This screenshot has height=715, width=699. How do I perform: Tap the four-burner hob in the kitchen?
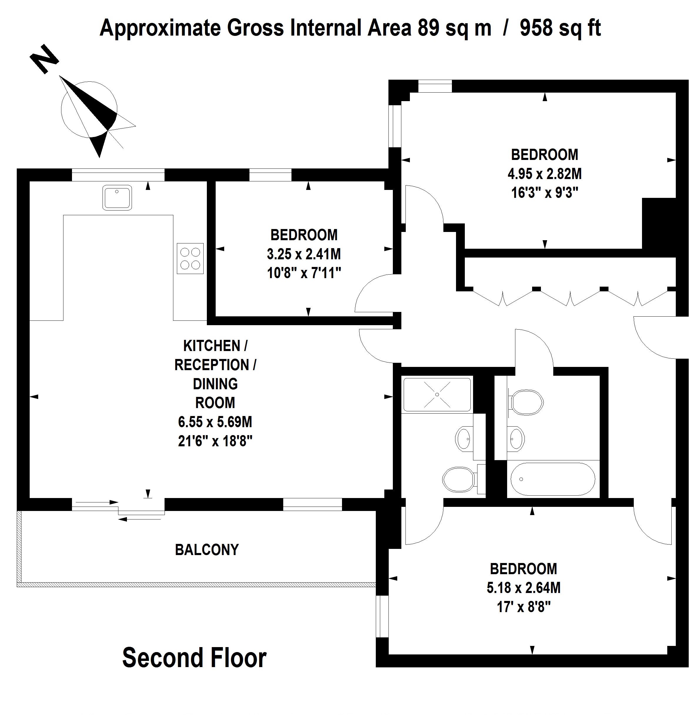[x=190, y=259]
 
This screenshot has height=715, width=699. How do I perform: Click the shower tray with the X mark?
[x=437, y=395]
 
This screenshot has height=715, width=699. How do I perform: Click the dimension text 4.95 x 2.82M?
[x=544, y=174]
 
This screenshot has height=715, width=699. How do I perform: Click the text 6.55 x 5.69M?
[x=215, y=422]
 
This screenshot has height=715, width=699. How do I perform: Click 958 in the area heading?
[x=536, y=28]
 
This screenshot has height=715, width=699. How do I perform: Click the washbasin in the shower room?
[x=464, y=438]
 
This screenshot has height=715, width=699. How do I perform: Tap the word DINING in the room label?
[x=215, y=384]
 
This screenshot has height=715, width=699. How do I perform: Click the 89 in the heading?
[x=428, y=28]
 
